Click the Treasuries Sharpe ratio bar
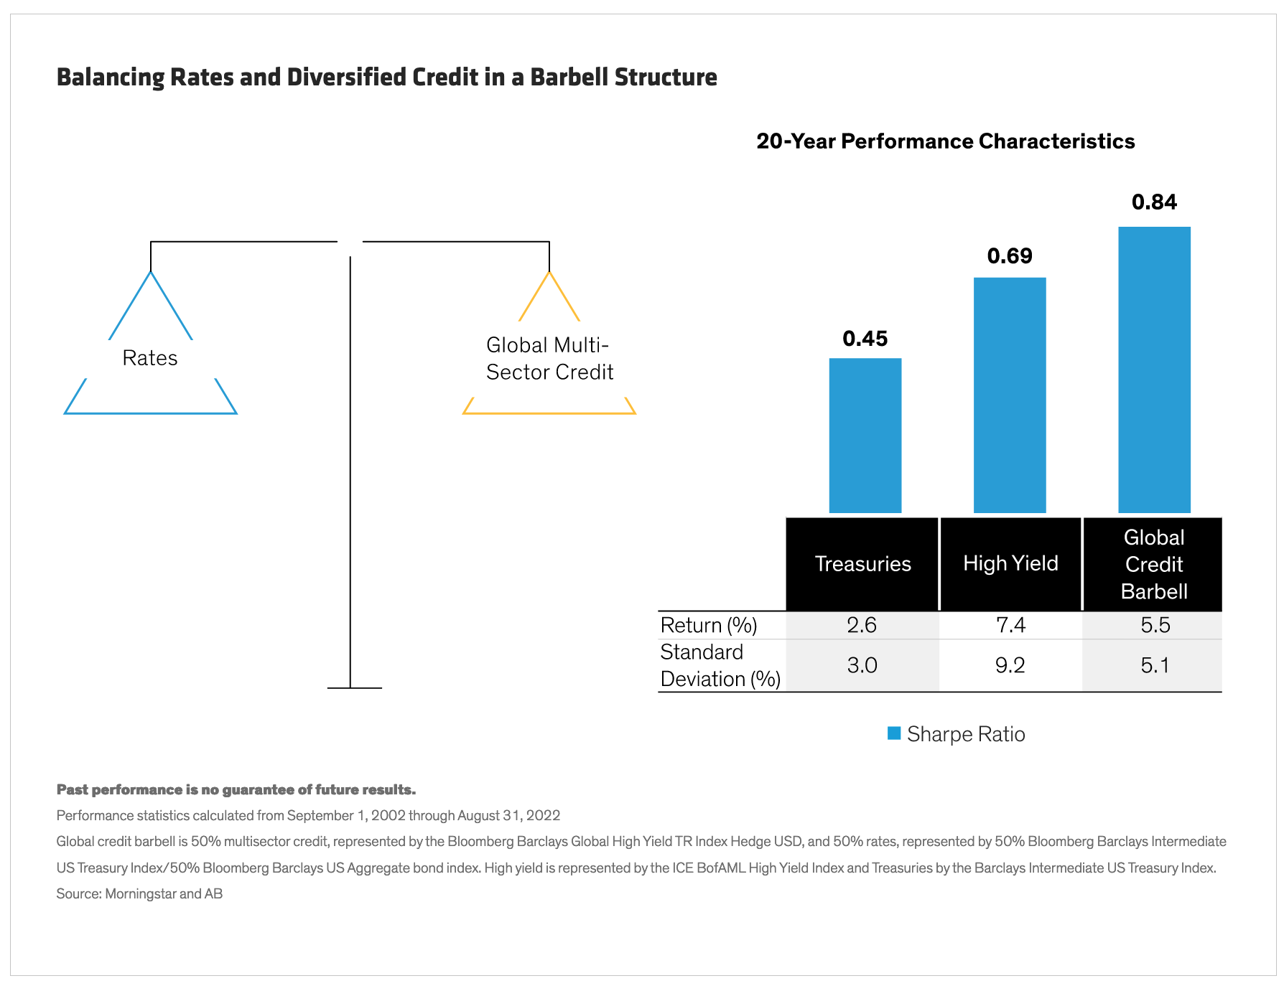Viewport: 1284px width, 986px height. (x=865, y=436)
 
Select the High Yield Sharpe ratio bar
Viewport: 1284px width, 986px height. (x=1009, y=395)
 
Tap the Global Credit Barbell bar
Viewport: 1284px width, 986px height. (x=1154, y=370)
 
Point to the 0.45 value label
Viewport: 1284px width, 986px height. (x=865, y=338)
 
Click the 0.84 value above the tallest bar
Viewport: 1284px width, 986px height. (x=1154, y=202)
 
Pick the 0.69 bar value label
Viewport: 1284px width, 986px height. (x=1009, y=256)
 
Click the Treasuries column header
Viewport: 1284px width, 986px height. (x=862, y=564)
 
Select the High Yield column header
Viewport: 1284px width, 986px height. (x=1010, y=563)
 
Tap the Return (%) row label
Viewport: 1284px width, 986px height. (x=709, y=625)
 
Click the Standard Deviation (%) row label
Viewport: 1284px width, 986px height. (x=720, y=665)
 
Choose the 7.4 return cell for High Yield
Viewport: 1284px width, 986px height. (x=1010, y=625)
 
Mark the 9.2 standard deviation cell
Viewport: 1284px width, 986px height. (x=1010, y=665)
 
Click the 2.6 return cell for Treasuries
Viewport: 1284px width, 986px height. (x=862, y=625)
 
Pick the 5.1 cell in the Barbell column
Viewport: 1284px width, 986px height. (x=1155, y=665)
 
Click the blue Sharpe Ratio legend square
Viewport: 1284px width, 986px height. (x=894, y=733)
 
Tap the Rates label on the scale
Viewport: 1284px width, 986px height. (x=149, y=358)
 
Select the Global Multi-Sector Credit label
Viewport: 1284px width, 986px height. (x=549, y=359)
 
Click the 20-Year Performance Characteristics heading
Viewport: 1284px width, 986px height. (x=945, y=141)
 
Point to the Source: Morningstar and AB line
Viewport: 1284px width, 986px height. (x=139, y=893)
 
